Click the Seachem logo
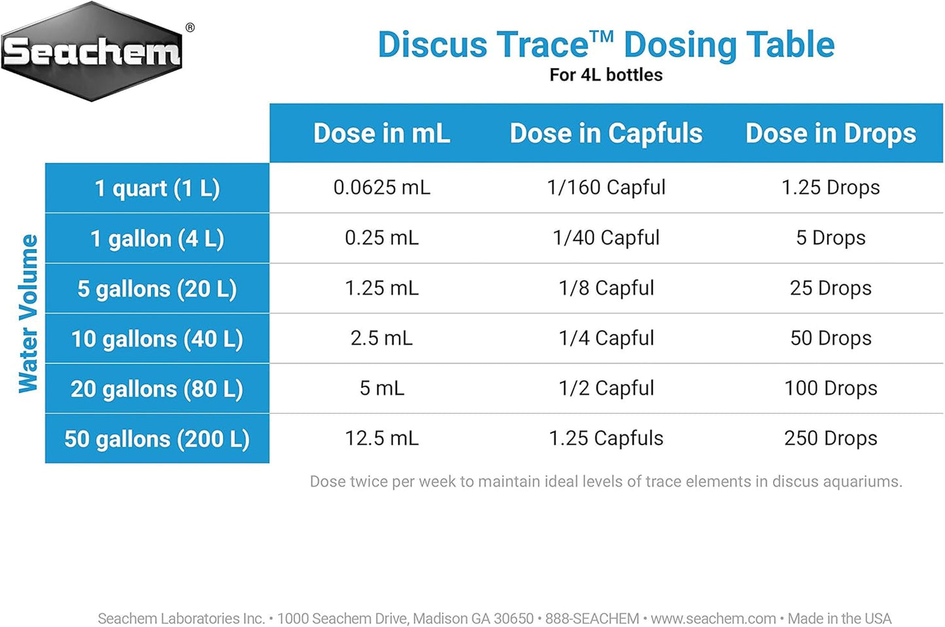(x=92, y=52)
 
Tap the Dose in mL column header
(x=382, y=133)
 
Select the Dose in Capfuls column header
(x=606, y=133)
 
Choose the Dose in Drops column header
(x=831, y=133)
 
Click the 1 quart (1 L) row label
(x=157, y=188)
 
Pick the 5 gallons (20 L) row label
(x=157, y=289)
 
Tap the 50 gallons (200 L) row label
(x=157, y=439)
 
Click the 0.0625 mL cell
(x=382, y=188)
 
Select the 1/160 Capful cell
(x=606, y=188)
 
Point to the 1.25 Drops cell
(x=831, y=188)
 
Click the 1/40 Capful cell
(x=606, y=238)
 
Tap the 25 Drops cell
(x=831, y=288)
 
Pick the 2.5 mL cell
(x=382, y=338)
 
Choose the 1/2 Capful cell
(x=606, y=388)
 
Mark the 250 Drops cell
(x=831, y=438)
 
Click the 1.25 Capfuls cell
(x=606, y=438)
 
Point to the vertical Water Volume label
(x=28, y=313)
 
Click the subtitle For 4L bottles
(x=606, y=75)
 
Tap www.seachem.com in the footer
(x=713, y=619)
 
